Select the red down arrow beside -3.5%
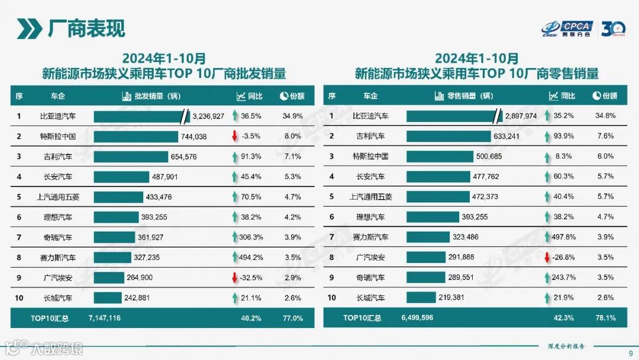(235, 136)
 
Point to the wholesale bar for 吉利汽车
(131, 156)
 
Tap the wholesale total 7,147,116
(104, 318)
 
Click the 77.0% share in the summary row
(292, 318)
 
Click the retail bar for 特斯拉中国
(440, 156)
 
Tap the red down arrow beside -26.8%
(547, 258)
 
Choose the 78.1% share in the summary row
(605, 318)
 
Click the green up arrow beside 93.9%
(547, 136)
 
